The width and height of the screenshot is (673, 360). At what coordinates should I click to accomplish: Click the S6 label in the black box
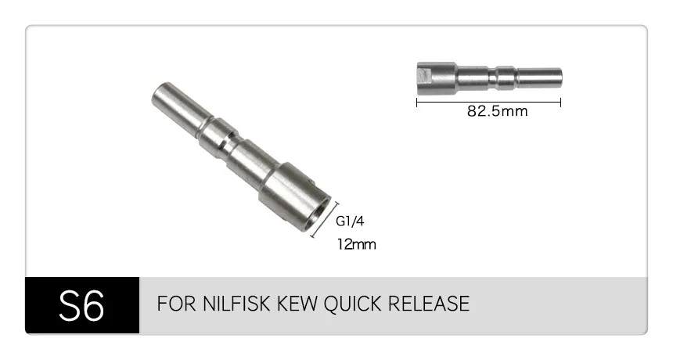coord(81,305)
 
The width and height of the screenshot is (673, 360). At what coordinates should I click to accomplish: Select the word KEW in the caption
coord(297,304)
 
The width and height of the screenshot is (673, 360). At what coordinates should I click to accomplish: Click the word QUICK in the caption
coord(352,304)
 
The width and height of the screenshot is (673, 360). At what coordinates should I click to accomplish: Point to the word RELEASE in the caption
coord(428,304)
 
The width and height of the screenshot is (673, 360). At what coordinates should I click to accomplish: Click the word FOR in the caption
coord(176,304)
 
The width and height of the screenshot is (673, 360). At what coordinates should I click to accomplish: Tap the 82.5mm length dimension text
coord(497,111)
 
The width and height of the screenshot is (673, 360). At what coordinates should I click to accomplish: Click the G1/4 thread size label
coord(350,221)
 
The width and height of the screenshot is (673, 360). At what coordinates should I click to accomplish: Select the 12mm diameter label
coord(356,244)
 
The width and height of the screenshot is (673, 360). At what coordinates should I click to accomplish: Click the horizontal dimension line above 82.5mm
coord(488,102)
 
